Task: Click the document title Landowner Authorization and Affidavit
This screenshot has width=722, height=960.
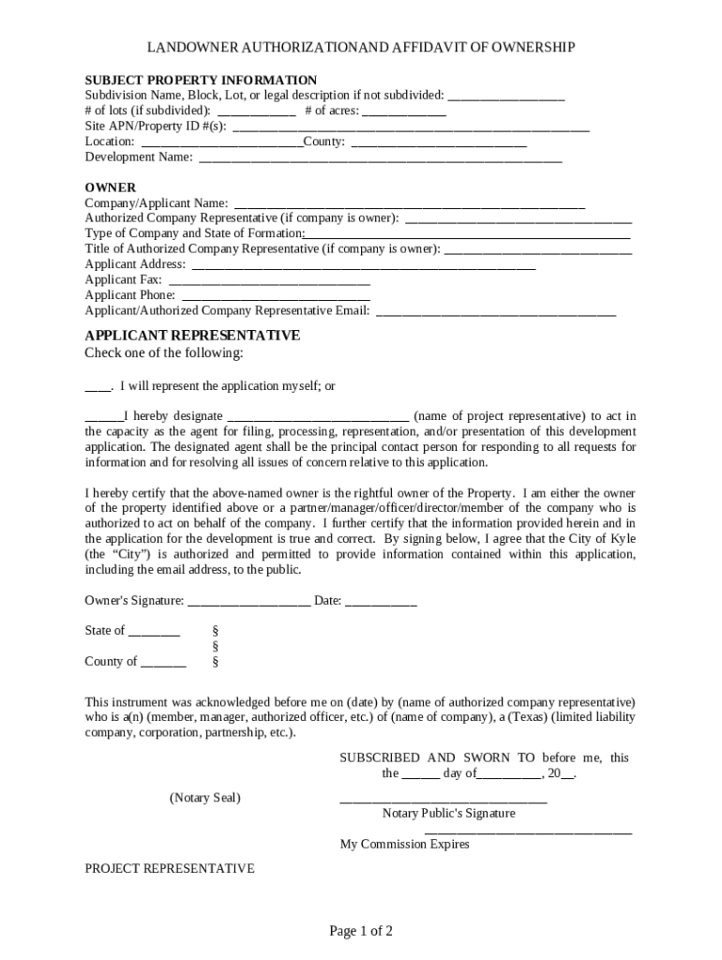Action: (x=360, y=47)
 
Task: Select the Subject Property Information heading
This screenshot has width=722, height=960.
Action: (x=201, y=80)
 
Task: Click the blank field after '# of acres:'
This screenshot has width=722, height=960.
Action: (x=403, y=112)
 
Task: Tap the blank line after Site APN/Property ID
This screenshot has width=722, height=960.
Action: (x=411, y=127)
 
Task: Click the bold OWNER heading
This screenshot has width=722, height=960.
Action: (x=111, y=187)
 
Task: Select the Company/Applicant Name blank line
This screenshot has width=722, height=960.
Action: (x=409, y=203)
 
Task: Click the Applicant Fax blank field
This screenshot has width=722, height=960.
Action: (x=268, y=279)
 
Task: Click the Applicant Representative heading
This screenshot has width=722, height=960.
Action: (x=192, y=335)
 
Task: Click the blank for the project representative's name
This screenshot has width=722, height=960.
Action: (x=318, y=416)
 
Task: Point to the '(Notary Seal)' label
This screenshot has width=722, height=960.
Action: (x=204, y=798)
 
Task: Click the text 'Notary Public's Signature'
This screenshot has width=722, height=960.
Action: (x=448, y=813)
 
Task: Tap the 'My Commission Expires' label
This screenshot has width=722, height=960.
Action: (x=404, y=844)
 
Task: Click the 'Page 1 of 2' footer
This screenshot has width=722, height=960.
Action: (x=360, y=931)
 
